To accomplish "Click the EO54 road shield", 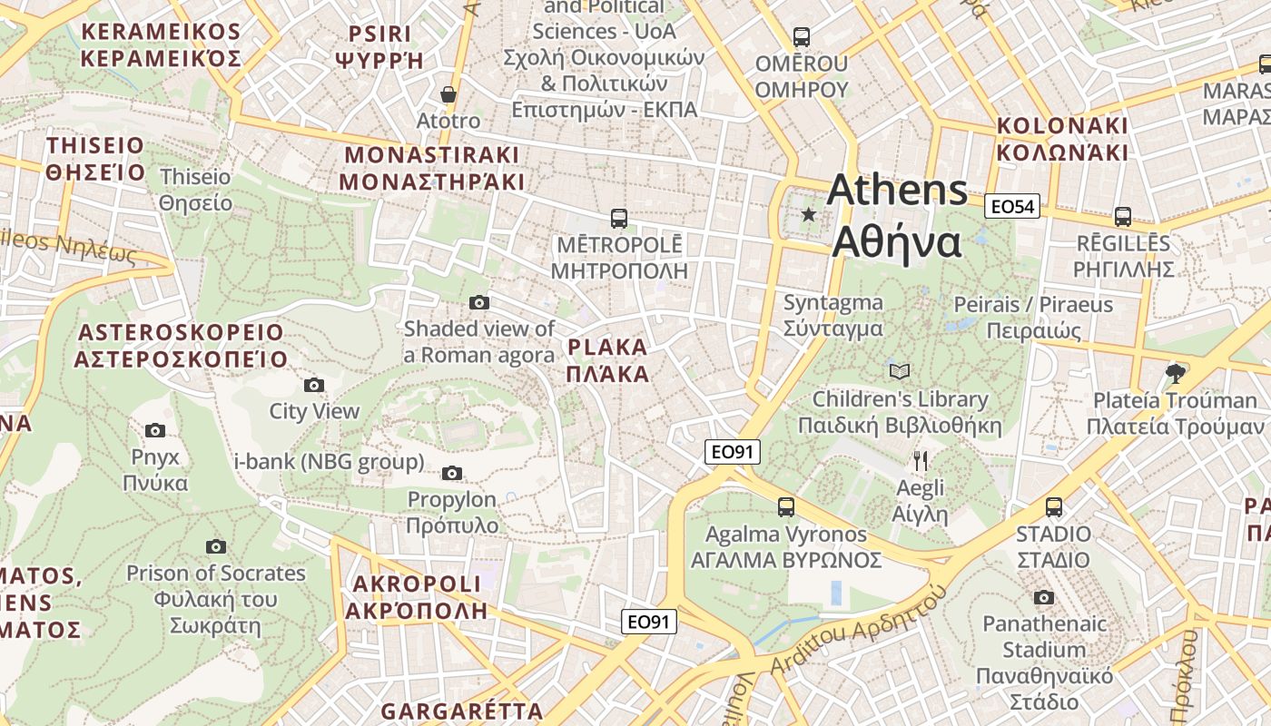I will pos(1012,207).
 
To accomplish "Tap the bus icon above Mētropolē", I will pos(619,218).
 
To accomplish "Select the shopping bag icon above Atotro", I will pos(448,93).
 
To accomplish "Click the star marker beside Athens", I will pos(808,214).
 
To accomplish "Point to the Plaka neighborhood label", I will pos(607,360).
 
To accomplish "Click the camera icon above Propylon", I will pos(451,473).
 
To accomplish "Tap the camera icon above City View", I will pos(314,385).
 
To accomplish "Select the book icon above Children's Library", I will pos(899,371).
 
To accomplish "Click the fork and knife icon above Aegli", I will pos(921,460).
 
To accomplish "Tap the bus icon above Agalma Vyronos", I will pos(786,506).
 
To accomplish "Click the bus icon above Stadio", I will pos(1053,506).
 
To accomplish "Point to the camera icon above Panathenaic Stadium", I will pos(1044,597).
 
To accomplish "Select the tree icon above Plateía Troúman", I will pos(1176,373).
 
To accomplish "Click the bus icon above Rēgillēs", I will pos(1123,216).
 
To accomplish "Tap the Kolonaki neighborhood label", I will pos(1061,139).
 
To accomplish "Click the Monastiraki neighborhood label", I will pos(431,168).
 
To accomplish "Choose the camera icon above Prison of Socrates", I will pos(215,546).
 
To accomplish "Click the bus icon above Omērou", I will pos(801,37).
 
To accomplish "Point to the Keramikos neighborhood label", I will pos(161,45).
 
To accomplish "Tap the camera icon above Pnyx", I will pos(155,430).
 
